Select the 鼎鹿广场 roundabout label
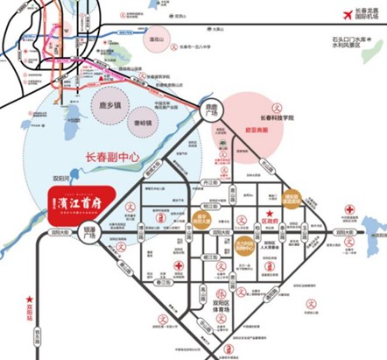(207, 113)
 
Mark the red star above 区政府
(270, 215)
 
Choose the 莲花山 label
(158, 40)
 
